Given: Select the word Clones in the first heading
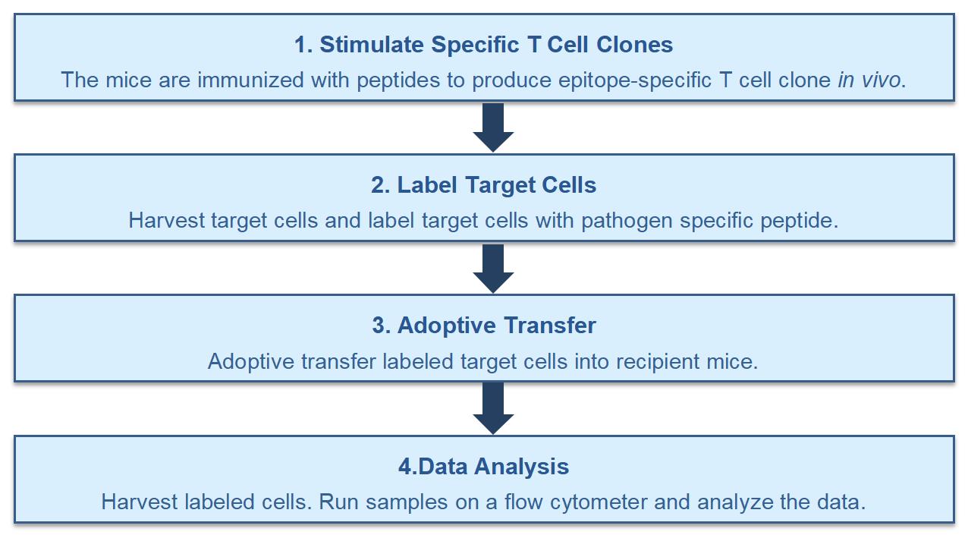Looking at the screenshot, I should coord(634,45).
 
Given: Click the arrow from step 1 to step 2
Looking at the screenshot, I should coord(493,127).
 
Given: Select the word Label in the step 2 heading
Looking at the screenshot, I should coord(429,185).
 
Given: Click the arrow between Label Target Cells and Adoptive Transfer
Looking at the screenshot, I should coord(493,268).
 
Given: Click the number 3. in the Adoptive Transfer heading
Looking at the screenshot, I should coord(382,326).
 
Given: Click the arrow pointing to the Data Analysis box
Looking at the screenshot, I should coord(493,408).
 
